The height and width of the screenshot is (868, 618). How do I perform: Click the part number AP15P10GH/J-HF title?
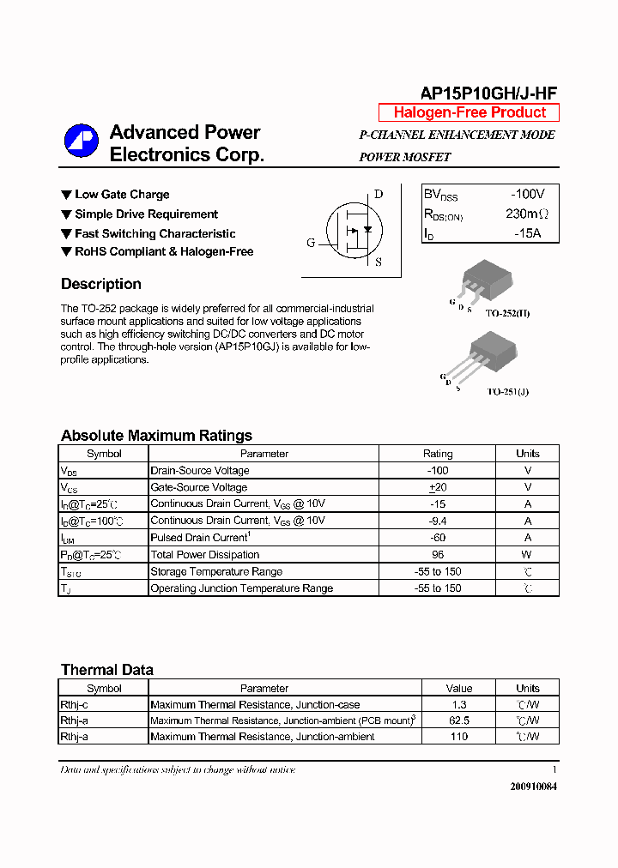coord(489,93)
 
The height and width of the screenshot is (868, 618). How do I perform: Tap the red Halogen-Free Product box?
coord(470,112)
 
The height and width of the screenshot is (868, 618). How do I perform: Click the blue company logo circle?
coord(82,142)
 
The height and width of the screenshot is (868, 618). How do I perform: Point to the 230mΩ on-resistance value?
coord(526,214)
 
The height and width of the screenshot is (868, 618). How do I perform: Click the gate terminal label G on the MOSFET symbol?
coord(311,243)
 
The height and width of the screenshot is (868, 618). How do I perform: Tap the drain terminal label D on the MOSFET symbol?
coord(379,194)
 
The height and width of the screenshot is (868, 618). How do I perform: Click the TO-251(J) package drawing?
coord(489,357)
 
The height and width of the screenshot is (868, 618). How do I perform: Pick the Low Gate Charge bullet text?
coord(122,195)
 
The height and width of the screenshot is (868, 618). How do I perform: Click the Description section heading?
coord(101,284)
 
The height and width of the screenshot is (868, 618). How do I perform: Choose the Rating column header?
coord(438,454)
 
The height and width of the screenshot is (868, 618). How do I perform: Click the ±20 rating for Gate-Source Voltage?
coord(438,487)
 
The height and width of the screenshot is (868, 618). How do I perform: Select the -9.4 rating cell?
coord(438,521)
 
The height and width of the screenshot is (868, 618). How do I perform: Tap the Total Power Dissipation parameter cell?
coord(204,555)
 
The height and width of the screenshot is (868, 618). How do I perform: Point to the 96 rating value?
coord(438,555)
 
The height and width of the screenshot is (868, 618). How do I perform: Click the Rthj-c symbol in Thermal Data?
coord(74,704)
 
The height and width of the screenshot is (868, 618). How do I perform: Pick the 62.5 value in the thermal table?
coord(459,720)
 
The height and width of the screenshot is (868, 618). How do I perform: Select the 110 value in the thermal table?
coord(459,737)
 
